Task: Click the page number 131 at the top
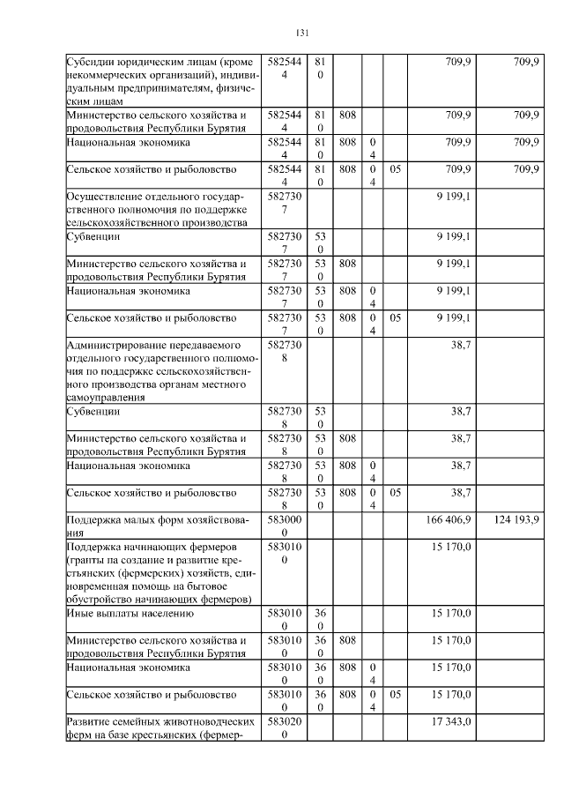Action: (x=301, y=34)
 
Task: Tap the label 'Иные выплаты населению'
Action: (x=130, y=613)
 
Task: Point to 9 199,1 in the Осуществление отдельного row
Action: (x=453, y=196)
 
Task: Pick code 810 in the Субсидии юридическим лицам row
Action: (x=320, y=69)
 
